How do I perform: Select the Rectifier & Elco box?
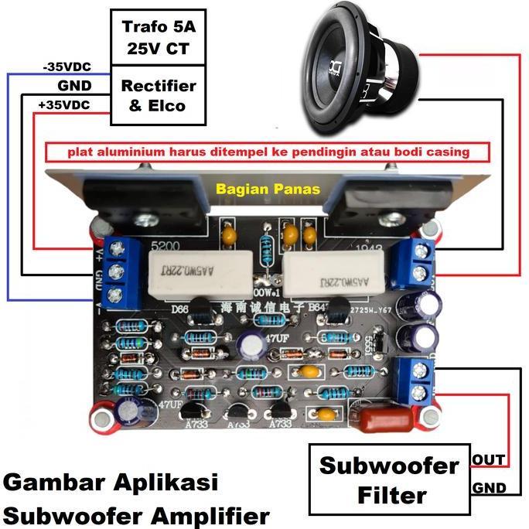159,94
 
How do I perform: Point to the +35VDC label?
66,104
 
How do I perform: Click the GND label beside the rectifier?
74,86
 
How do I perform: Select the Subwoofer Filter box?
389,479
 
